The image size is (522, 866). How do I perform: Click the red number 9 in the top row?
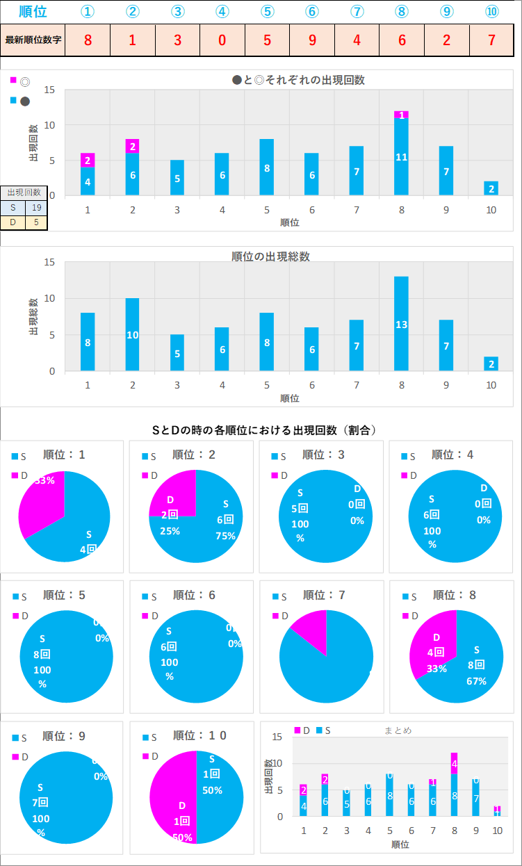click(312, 40)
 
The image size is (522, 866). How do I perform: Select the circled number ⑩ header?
click(491, 12)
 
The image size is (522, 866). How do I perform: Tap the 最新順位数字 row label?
click(33, 40)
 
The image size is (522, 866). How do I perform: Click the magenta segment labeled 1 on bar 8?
click(401, 115)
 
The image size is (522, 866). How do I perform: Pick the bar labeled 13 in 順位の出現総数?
click(401, 323)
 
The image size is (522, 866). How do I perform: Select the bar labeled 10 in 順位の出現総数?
click(132, 334)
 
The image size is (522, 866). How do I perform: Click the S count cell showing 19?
click(36, 207)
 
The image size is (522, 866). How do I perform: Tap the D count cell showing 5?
click(36, 222)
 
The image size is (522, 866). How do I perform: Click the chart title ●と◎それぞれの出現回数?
click(298, 80)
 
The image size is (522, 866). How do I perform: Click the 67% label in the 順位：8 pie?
click(476, 680)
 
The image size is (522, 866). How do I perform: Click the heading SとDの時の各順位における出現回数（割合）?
click(264, 430)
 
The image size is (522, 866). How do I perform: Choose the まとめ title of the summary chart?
click(398, 730)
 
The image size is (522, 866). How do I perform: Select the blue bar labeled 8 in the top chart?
click(267, 167)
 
